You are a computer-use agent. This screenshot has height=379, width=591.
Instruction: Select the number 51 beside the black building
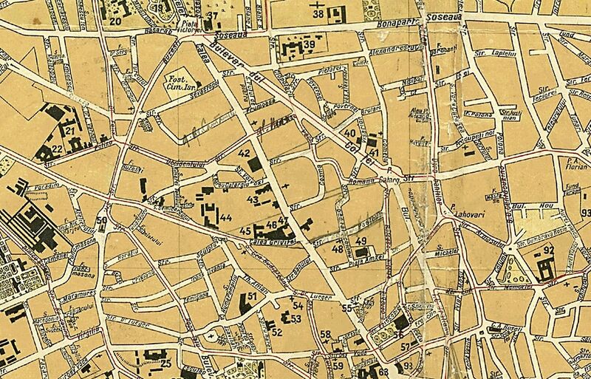(x=252, y=296)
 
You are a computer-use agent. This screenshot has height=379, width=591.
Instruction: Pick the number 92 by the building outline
(x=548, y=250)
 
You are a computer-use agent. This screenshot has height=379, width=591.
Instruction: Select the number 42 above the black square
(x=245, y=153)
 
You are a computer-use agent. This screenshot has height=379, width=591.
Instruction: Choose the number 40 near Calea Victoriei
(x=350, y=133)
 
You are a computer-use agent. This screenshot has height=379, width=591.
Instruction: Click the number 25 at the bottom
(x=167, y=363)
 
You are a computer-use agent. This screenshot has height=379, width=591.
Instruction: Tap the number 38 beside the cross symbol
(x=318, y=13)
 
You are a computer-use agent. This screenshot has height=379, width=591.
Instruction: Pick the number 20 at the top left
(x=115, y=21)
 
